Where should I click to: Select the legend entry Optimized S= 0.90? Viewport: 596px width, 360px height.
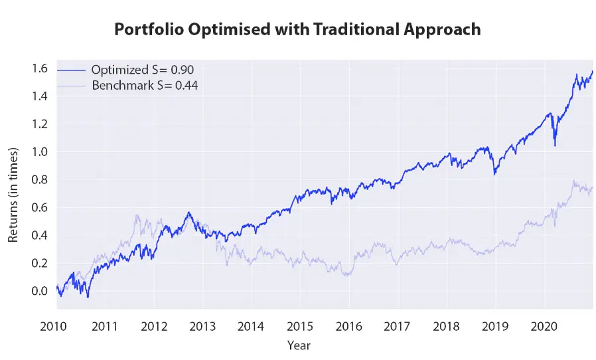[143, 70]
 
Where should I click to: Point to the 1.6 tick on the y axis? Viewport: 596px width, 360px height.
[39, 68]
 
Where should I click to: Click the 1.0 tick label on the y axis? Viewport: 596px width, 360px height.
[39, 151]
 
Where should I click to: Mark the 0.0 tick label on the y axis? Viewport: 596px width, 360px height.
[39, 291]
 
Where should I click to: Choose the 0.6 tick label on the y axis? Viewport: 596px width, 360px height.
[39, 207]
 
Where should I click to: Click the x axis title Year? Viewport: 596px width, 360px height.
[299, 345]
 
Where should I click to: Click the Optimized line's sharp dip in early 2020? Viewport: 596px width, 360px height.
[555, 144]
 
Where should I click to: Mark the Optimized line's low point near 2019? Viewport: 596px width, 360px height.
[494, 173]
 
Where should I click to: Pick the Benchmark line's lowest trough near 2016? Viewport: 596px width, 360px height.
[348, 274]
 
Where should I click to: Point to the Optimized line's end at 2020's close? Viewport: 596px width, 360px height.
[592, 71]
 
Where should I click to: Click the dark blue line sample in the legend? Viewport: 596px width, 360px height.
[71, 70]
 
